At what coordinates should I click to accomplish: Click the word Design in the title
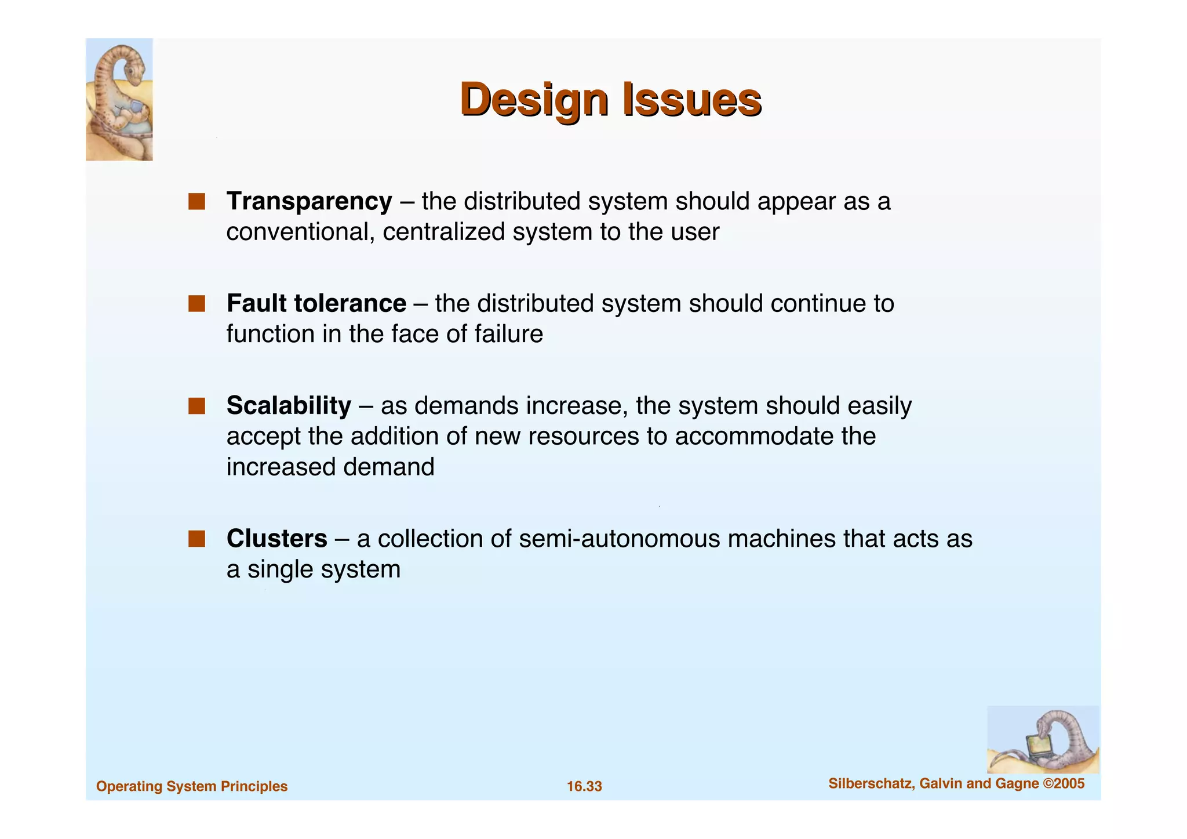tap(533, 100)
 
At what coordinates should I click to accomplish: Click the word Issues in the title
tap(691, 99)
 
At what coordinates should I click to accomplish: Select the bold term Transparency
tap(309, 201)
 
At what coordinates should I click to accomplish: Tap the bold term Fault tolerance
tap(316, 303)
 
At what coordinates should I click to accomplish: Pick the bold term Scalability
tap(289, 405)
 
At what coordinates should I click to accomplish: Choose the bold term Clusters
tap(276, 539)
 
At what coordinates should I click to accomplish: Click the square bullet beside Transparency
tap(196, 201)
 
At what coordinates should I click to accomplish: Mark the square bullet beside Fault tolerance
tap(196, 303)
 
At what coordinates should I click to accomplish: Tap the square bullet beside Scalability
tap(196, 406)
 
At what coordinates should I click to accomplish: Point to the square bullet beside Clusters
tap(196, 539)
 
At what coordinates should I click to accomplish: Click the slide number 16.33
tap(584, 786)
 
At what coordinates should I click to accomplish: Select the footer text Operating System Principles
tap(192, 786)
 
